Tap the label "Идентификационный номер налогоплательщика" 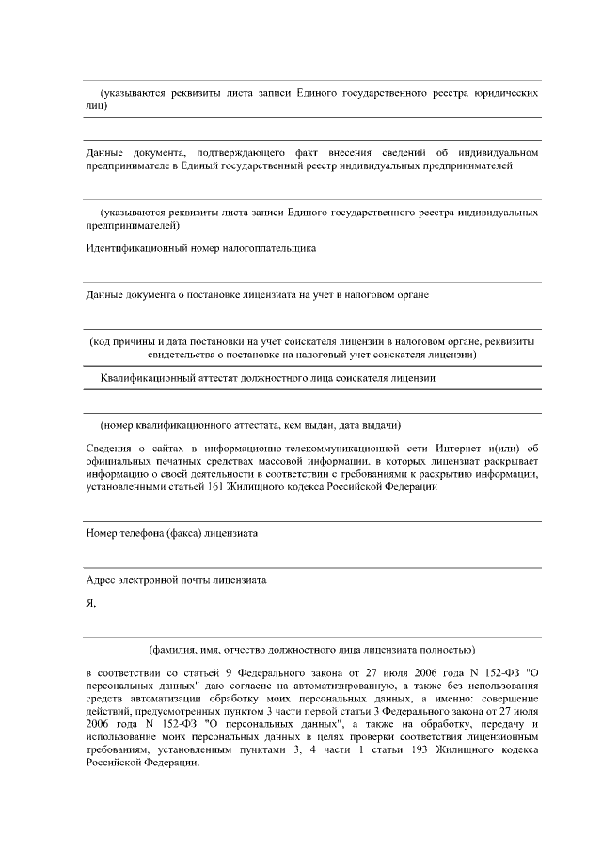200,248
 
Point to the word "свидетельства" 182,355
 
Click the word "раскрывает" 512,461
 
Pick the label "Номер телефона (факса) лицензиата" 172,533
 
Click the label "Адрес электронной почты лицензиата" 176,580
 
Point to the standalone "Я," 90,604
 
